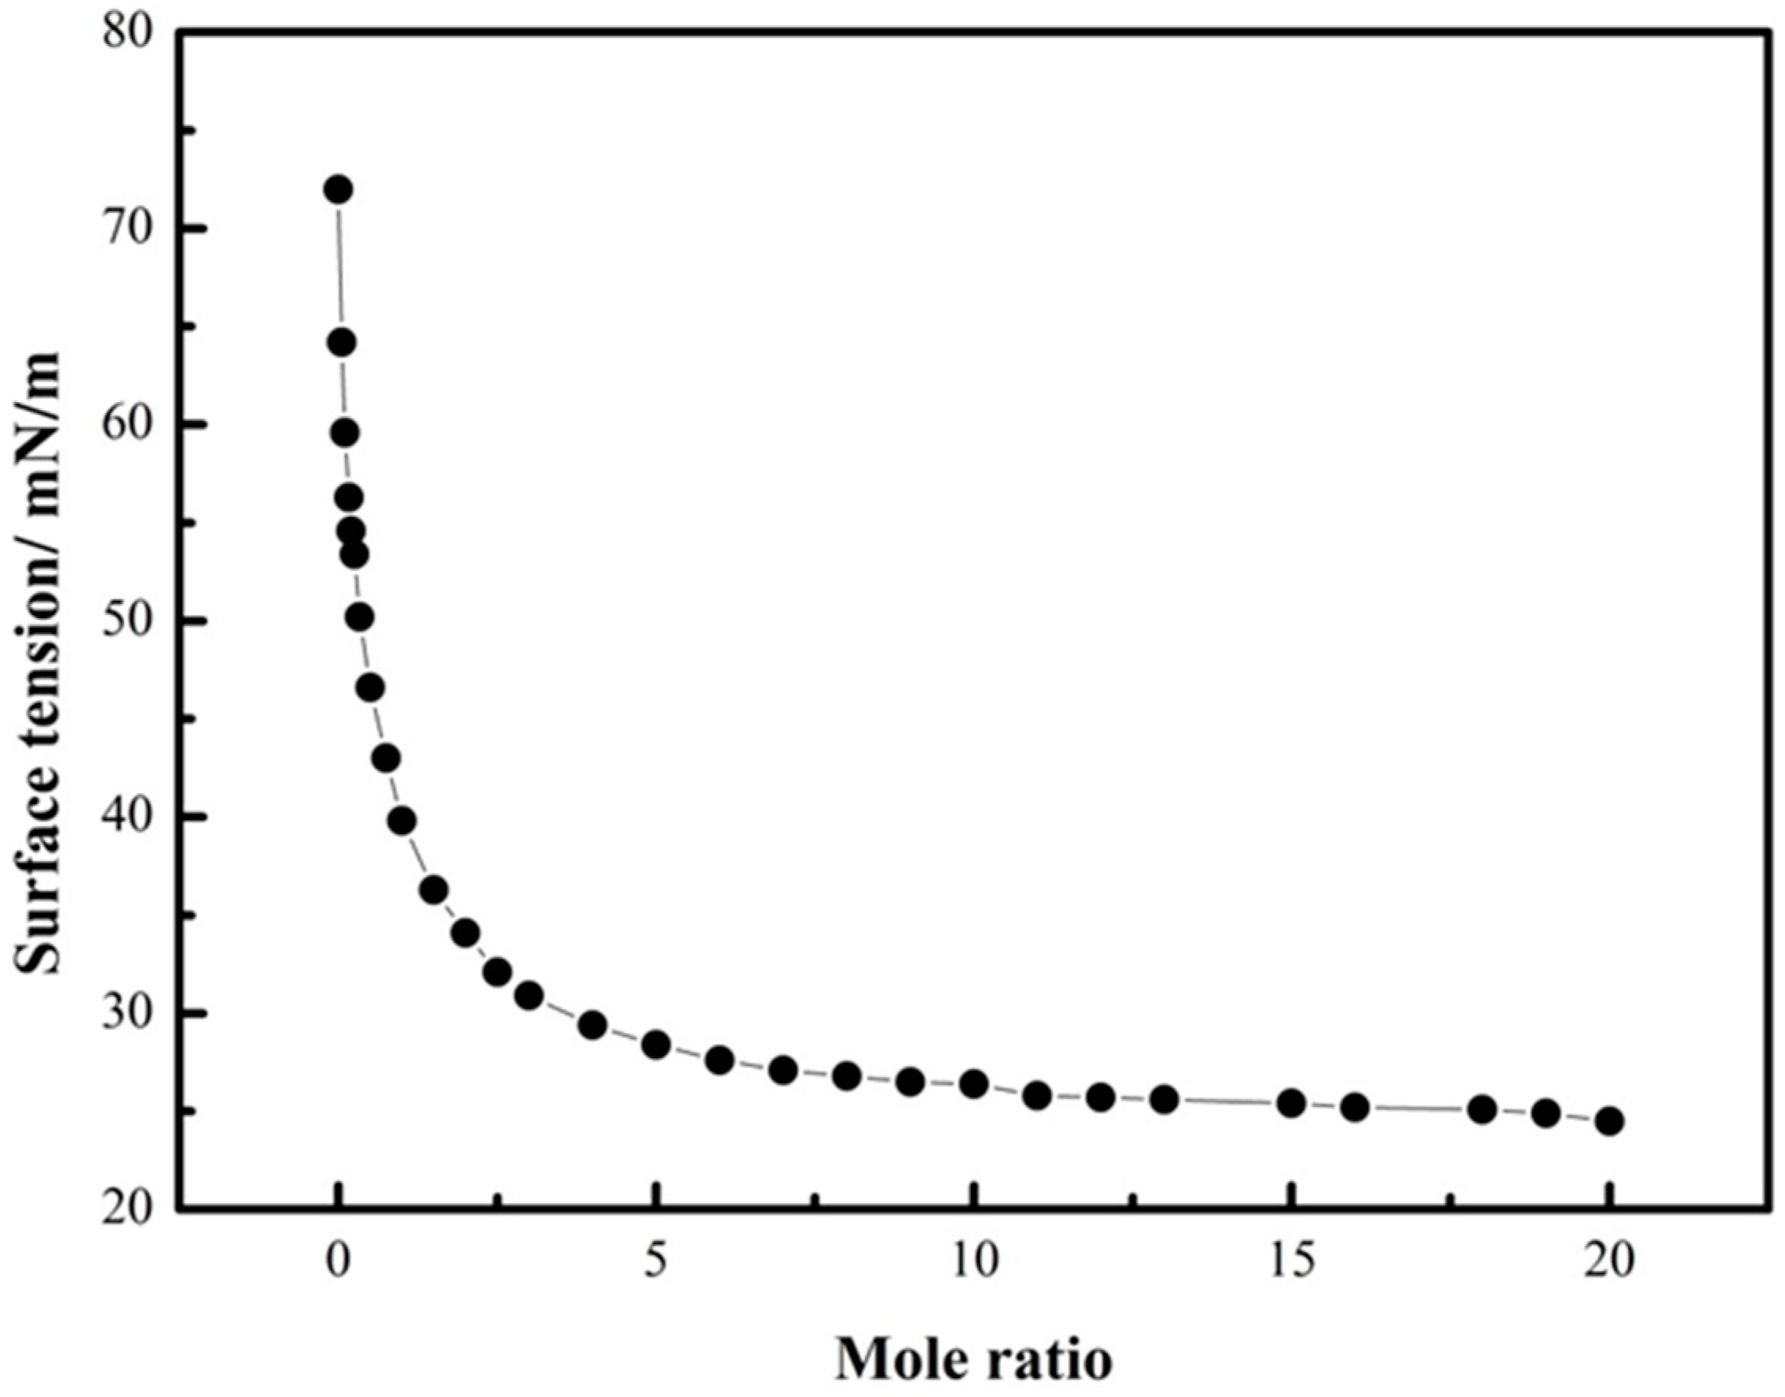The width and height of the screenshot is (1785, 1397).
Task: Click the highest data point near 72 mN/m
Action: [337, 190]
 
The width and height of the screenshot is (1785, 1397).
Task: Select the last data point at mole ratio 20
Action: [1608, 1120]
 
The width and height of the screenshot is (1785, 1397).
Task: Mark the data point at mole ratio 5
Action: [656, 1045]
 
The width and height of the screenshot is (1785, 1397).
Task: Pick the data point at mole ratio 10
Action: [973, 1085]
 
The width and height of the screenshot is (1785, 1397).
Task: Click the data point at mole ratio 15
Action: [1291, 1104]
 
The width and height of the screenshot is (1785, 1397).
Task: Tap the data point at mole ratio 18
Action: [1482, 1110]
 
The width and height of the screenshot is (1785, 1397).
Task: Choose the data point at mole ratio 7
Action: [783, 1070]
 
